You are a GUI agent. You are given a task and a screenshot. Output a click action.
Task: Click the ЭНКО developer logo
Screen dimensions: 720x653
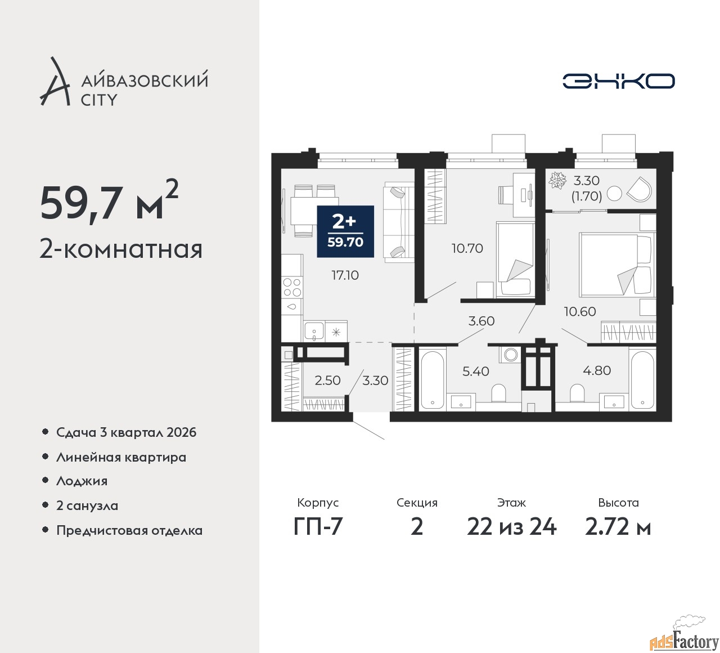(x=618, y=81)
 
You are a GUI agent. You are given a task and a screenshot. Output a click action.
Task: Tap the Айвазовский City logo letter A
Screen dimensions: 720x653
(x=55, y=81)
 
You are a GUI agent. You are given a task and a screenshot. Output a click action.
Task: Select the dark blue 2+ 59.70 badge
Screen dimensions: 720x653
(x=345, y=231)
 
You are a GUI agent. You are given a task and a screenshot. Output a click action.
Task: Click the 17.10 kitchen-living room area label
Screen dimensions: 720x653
(x=345, y=275)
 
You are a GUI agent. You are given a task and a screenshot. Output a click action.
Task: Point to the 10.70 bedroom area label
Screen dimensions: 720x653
(x=467, y=248)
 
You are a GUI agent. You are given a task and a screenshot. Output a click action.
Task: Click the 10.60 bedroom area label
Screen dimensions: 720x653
(x=580, y=311)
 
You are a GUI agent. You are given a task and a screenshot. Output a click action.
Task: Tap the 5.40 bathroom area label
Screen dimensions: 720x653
(x=475, y=371)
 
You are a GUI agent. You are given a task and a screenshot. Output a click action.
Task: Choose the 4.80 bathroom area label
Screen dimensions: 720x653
(x=597, y=370)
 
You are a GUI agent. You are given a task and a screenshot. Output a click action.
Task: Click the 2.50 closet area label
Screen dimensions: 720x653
(x=327, y=381)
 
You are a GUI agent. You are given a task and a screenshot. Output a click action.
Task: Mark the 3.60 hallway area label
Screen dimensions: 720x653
(x=481, y=321)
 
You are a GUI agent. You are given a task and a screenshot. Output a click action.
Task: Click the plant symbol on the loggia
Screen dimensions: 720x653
(x=557, y=180)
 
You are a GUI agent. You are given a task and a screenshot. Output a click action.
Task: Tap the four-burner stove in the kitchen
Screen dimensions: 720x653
(x=292, y=287)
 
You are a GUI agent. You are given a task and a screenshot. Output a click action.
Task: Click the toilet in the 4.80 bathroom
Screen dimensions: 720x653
(x=577, y=393)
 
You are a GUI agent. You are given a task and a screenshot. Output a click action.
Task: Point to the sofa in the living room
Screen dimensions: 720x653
(x=399, y=222)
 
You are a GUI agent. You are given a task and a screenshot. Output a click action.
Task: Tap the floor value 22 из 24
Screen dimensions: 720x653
(x=511, y=527)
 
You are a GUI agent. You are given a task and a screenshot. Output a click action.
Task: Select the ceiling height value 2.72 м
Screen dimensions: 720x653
(x=618, y=527)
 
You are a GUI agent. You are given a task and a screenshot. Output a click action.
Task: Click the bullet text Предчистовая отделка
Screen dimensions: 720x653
(x=129, y=530)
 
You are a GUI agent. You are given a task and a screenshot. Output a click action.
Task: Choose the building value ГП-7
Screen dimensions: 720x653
(x=318, y=527)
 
